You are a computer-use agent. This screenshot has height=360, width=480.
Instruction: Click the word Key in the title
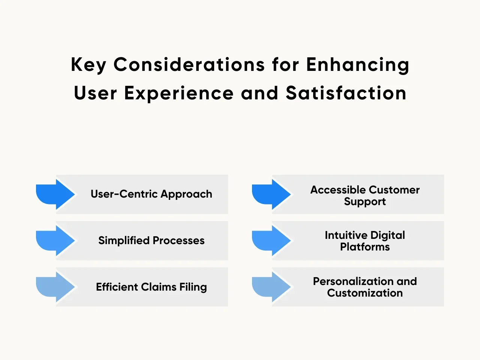tap(88, 65)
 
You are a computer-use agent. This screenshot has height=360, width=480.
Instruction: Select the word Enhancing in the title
tap(357, 65)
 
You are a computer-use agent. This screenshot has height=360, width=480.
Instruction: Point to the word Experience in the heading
tap(179, 93)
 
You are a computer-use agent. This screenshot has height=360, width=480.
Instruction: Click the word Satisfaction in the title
tap(346, 93)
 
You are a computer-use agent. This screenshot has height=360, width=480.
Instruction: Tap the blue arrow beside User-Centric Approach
tap(55, 194)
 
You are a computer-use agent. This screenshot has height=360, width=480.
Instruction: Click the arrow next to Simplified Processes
tap(55, 241)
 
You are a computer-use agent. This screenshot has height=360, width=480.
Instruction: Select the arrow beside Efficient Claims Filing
tap(55, 287)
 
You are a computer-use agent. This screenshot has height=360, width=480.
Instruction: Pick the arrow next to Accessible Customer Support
tap(271, 194)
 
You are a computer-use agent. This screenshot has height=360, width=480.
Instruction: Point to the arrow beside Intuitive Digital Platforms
tap(271, 241)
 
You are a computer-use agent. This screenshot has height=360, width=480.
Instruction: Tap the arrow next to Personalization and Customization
tap(271, 287)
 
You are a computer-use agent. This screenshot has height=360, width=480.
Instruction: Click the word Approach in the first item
tap(186, 195)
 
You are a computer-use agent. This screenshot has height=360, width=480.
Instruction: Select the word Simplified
tap(124, 241)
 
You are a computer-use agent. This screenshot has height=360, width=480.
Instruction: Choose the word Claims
tap(159, 287)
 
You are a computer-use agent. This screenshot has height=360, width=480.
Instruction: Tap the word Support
tap(365, 202)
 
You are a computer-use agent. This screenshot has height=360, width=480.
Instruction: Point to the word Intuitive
tap(346, 235)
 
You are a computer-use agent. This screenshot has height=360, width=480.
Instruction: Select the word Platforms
tap(365, 247)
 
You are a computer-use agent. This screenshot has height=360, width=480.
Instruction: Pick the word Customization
tap(365, 293)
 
